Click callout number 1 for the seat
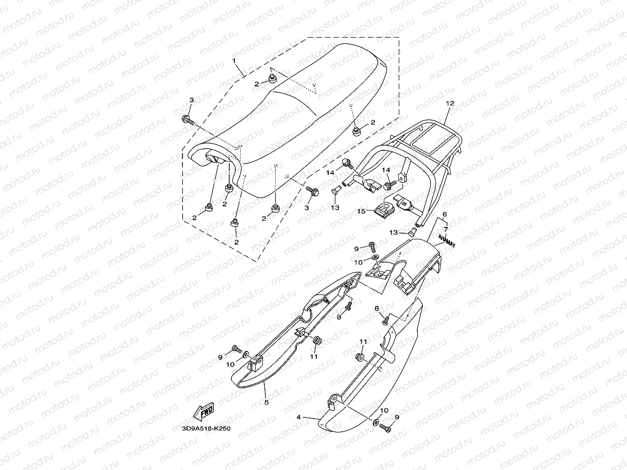(x=234, y=61)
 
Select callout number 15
(x=362, y=211)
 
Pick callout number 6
(x=445, y=214)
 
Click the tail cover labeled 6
(x=412, y=263)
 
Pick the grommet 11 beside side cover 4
(x=359, y=357)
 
